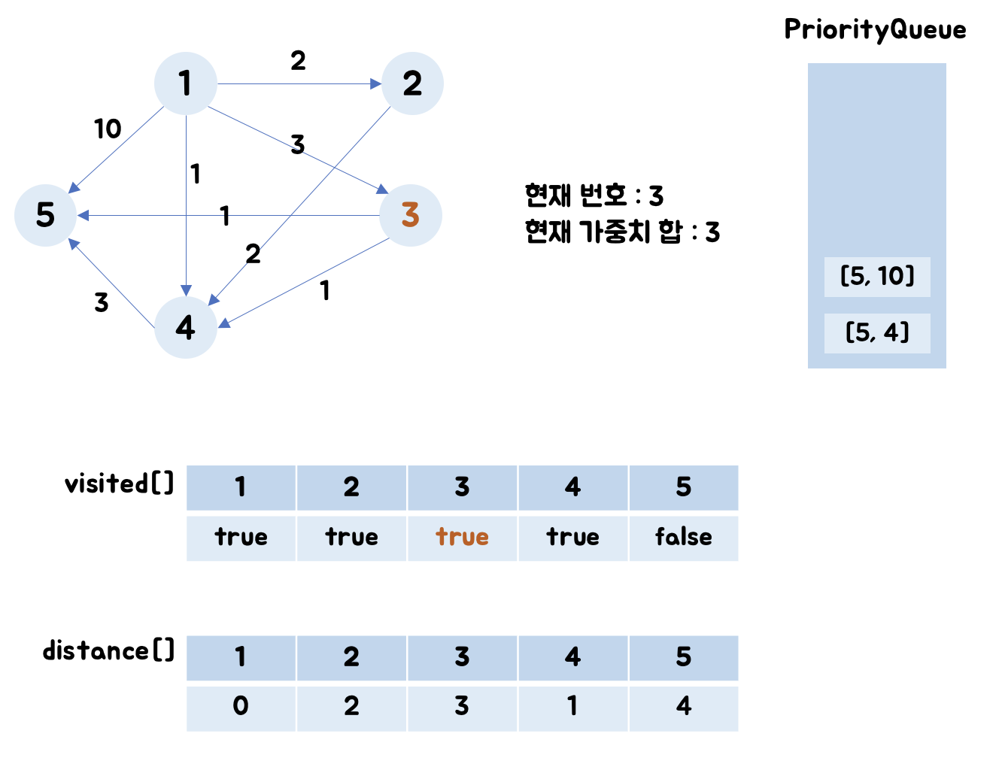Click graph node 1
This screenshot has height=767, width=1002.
185,83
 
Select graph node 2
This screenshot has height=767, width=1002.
412,83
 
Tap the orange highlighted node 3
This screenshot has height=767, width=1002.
410,215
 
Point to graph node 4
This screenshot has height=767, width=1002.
185,327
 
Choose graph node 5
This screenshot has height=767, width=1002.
45,215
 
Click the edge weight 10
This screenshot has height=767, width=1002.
108,129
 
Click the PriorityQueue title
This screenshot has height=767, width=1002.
875,30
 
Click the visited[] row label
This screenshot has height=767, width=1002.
119,484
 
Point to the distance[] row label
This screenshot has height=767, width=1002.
108,650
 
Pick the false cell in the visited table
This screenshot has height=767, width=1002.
683,538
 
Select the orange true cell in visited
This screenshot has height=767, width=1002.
462,538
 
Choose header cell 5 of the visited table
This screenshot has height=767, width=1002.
683,487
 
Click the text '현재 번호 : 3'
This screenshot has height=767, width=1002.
594,196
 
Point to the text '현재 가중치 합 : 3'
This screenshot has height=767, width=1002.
622,232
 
